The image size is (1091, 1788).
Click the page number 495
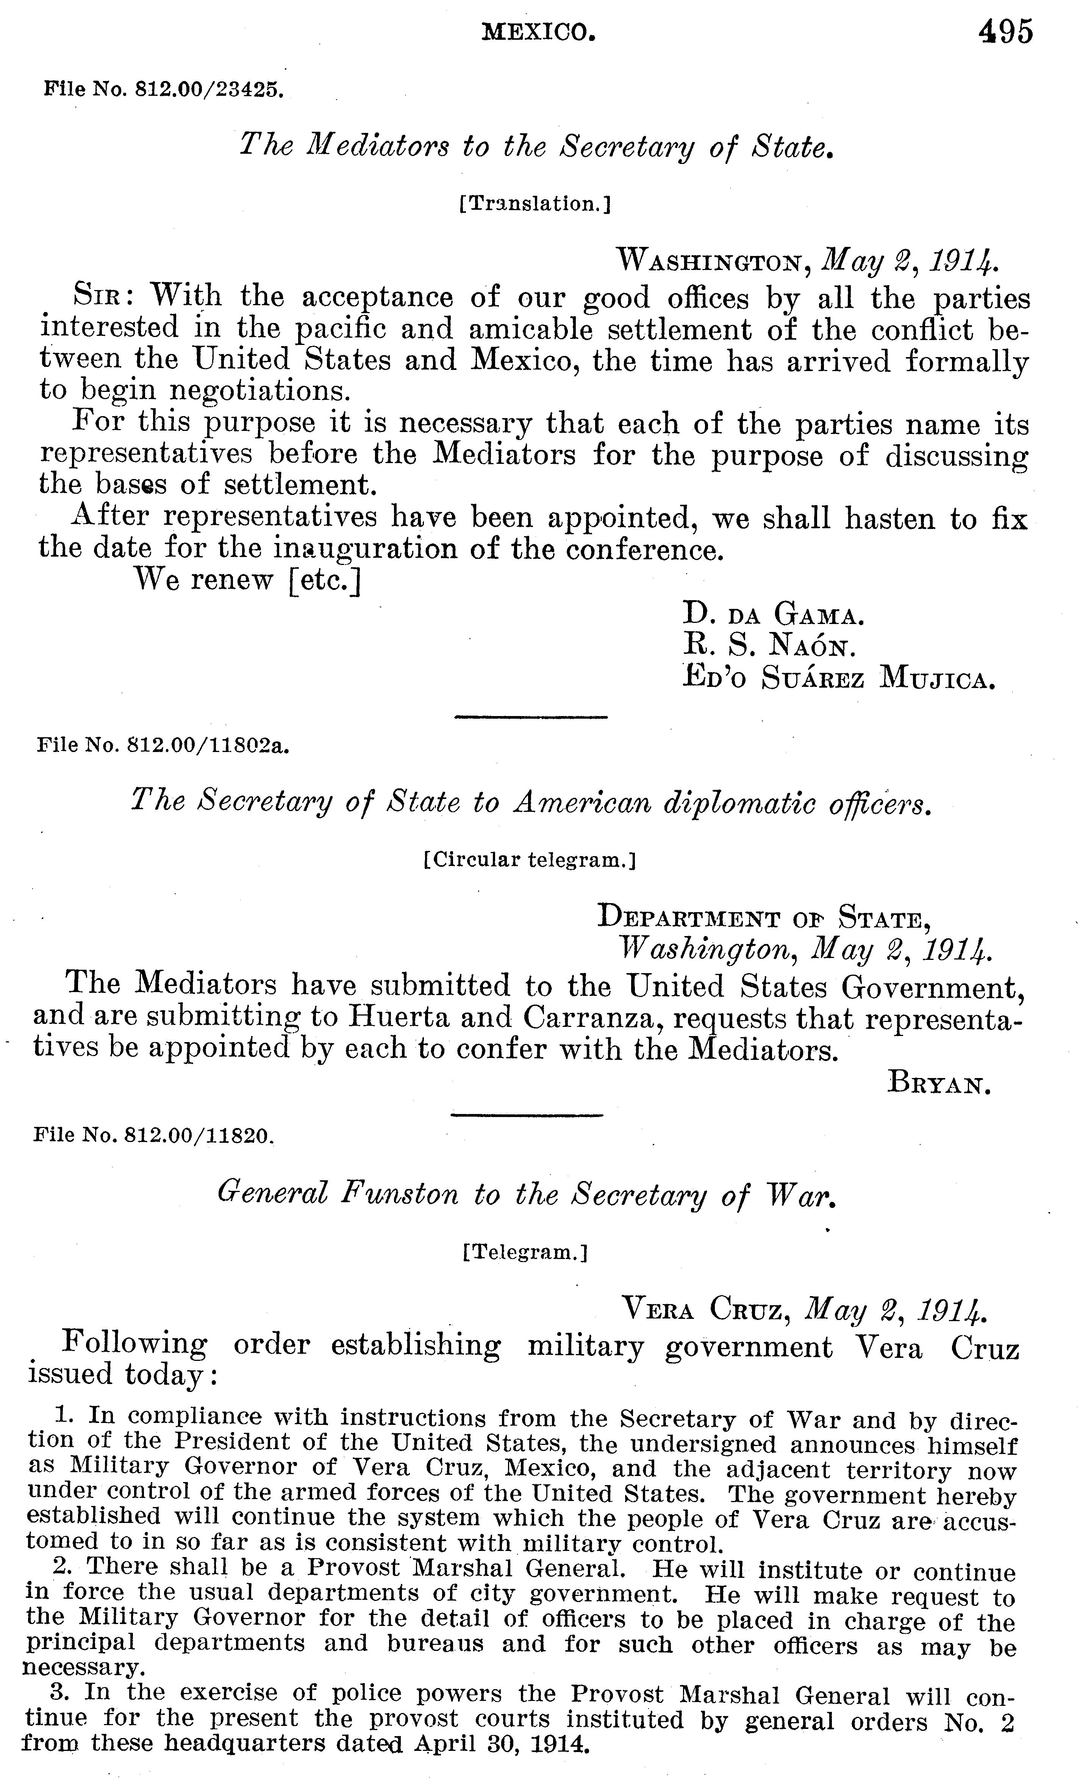[x=1005, y=33]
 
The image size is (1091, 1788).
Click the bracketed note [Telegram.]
[x=524, y=1252]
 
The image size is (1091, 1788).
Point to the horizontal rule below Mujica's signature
[x=531, y=717]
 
